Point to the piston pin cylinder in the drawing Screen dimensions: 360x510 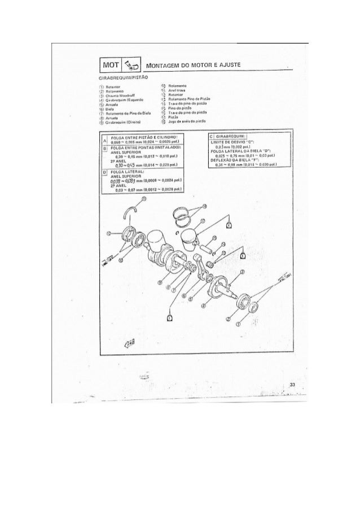[206, 247]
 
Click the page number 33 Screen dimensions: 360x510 [292, 384]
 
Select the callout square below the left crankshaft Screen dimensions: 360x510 [170, 317]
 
